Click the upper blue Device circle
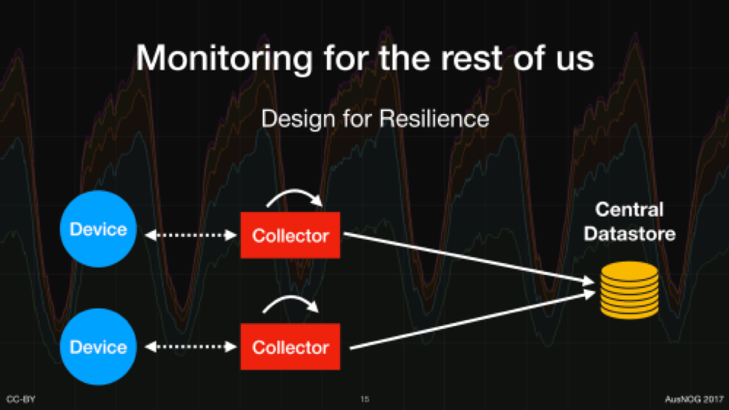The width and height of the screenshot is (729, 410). pyautogui.click(x=98, y=229)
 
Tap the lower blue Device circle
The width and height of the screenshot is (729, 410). pyautogui.click(x=98, y=347)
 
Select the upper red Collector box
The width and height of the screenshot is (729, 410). pyautogui.click(x=290, y=235)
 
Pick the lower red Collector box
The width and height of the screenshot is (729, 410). pyautogui.click(x=290, y=347)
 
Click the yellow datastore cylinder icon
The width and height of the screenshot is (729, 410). pyautogui.click(x=629, y=290)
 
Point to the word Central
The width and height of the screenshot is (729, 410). pyautogui.click(x=629, y=209)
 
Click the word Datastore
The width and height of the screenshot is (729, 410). pyautogui.click(x=629, y=233)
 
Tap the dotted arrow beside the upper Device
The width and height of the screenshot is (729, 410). pyautogui.click(x=191, y=235)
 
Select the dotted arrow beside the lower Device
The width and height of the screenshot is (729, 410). pyautogui.click(x=191, y=347)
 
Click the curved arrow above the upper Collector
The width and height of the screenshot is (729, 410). pyautogui.click(x=295, y=191)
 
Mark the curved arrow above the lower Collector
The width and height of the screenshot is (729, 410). pyautogui.click(x=291, y=297)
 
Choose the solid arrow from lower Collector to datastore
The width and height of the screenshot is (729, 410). pyautogui.click(x=472, y=320)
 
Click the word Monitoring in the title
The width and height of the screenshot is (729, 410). pyautogui.click(x=225, y=59)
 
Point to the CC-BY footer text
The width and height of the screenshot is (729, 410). pyautogui.click(x=21, y=400)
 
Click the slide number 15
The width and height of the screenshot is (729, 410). pyautogui.click(x=364, y=400)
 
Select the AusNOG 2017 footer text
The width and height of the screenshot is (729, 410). pyautogui.click(x=694, y=400)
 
